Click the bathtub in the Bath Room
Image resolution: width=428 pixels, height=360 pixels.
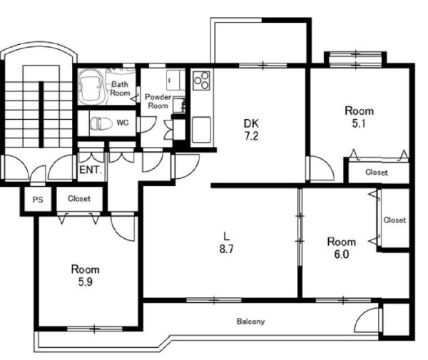(x=91, y=86)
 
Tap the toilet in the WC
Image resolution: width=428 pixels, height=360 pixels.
(x=101, y=123)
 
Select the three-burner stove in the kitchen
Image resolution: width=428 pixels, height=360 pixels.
(x=201, y=81)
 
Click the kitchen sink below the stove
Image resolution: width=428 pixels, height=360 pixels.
(x=201, y=130)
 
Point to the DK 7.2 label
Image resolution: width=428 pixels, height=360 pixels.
(x=251, y=130)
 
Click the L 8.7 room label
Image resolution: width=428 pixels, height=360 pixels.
(x=226, y=242)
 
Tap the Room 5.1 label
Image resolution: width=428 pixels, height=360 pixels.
(x=359, y=117)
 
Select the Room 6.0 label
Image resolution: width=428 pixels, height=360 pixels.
(x=342, y=248)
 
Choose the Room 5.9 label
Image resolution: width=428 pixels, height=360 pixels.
(x=85, y=275)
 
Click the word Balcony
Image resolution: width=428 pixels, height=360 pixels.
(x=250, y=322)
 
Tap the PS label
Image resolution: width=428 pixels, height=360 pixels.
(x=38, y=200)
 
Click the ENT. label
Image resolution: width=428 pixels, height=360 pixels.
(x=91, y=170)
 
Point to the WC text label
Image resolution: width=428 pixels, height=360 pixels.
(x=123, y=123)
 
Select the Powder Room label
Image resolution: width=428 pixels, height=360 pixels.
(x=158, y=101)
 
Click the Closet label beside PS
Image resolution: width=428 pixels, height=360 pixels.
(x=79, y=199)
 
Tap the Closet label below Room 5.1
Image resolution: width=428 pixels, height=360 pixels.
(x=377, y=173)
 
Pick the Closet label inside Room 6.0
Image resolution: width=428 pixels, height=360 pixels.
(x=394, y=220)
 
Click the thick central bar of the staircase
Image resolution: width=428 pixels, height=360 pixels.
(x=41, y=115)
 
